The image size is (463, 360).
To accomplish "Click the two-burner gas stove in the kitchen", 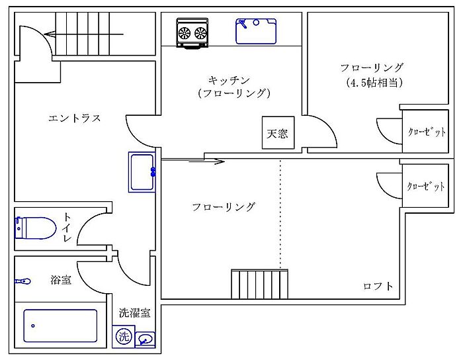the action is coord(192,32).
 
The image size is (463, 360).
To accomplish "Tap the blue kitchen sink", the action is coord(256,31).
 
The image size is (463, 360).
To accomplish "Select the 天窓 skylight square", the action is coord(278,132).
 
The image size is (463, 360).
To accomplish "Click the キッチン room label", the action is coord(229,80).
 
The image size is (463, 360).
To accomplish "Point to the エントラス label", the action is coord(74,118).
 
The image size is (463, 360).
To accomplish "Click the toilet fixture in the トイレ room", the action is coord(36,228).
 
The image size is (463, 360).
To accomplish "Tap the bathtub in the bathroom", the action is coord(61,326).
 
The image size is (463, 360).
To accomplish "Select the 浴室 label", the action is coord(61,279).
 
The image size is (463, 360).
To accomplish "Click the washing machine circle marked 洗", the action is coord(124,336).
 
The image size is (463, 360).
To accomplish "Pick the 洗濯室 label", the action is coord(135,313).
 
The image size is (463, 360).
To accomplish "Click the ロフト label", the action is coord(378,286).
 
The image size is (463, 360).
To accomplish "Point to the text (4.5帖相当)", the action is coord(374,83).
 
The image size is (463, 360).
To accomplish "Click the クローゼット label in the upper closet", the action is coord(427,132).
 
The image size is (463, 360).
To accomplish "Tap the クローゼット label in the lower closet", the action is coord(425,186).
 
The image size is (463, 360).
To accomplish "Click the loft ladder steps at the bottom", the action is coord(259,284).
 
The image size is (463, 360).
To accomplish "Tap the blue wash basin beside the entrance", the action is coord(142,172).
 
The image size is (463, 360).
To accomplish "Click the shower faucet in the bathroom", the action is coord(22,281).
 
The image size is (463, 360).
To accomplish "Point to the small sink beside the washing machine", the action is coord(145,339).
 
